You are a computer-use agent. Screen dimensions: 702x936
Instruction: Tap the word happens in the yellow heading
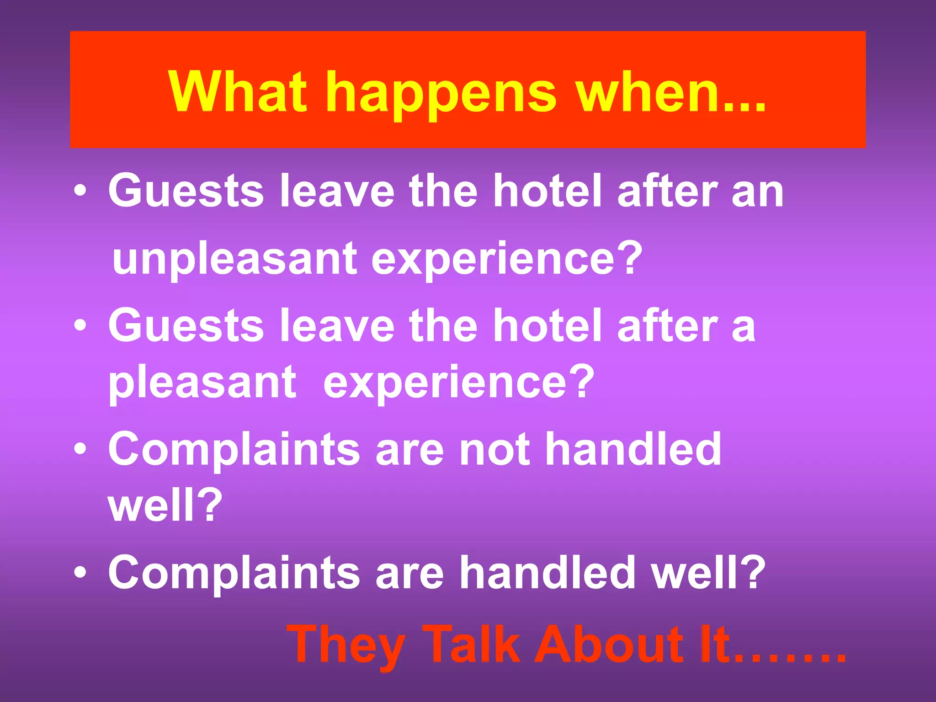pos(441,94)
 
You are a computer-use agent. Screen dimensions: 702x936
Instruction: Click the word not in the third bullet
pos(494,450)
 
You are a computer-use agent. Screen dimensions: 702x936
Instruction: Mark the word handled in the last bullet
pos(547,572)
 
